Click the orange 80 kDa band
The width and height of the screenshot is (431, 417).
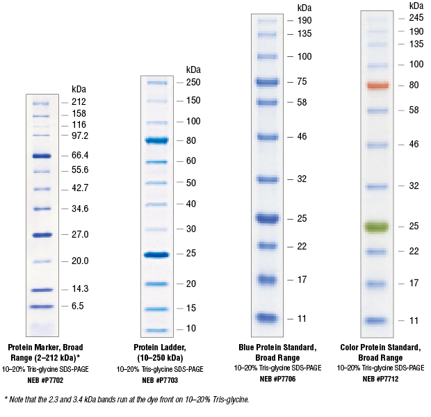point(376,85)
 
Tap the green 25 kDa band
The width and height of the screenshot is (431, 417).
point(376,227)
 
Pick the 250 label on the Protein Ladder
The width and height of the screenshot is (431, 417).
point(193,82)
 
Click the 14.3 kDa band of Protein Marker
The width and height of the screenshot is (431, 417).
point(42,290)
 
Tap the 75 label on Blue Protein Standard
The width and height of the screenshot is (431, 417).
point(302,81)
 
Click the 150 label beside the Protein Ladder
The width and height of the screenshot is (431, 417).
point(193,101)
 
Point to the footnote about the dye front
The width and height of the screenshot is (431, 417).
point(127,399)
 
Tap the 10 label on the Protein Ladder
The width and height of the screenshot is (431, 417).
point(190,328)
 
